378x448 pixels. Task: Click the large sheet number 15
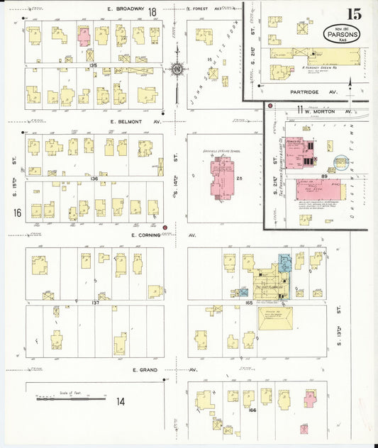353,14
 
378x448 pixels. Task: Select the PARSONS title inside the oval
347,33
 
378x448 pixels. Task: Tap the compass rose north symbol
176,69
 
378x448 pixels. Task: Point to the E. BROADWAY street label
126,9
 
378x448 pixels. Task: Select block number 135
93,64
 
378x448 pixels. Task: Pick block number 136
94,179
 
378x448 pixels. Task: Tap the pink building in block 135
84,36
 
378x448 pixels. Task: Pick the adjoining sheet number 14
121,401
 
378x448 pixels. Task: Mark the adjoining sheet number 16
16,213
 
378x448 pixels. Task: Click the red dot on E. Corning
165,228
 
